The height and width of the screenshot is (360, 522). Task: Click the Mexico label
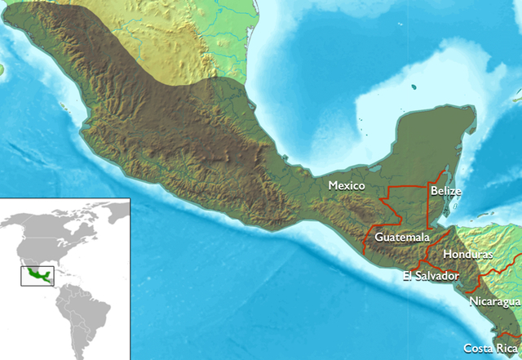[346, 186]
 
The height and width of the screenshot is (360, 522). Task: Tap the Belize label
[447, 191]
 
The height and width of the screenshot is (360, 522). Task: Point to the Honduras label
[467, 255]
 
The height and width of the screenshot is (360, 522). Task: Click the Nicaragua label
[494, 302]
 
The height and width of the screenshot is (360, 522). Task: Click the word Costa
[477, 348]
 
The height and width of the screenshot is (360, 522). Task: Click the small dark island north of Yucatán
[414, 86]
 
